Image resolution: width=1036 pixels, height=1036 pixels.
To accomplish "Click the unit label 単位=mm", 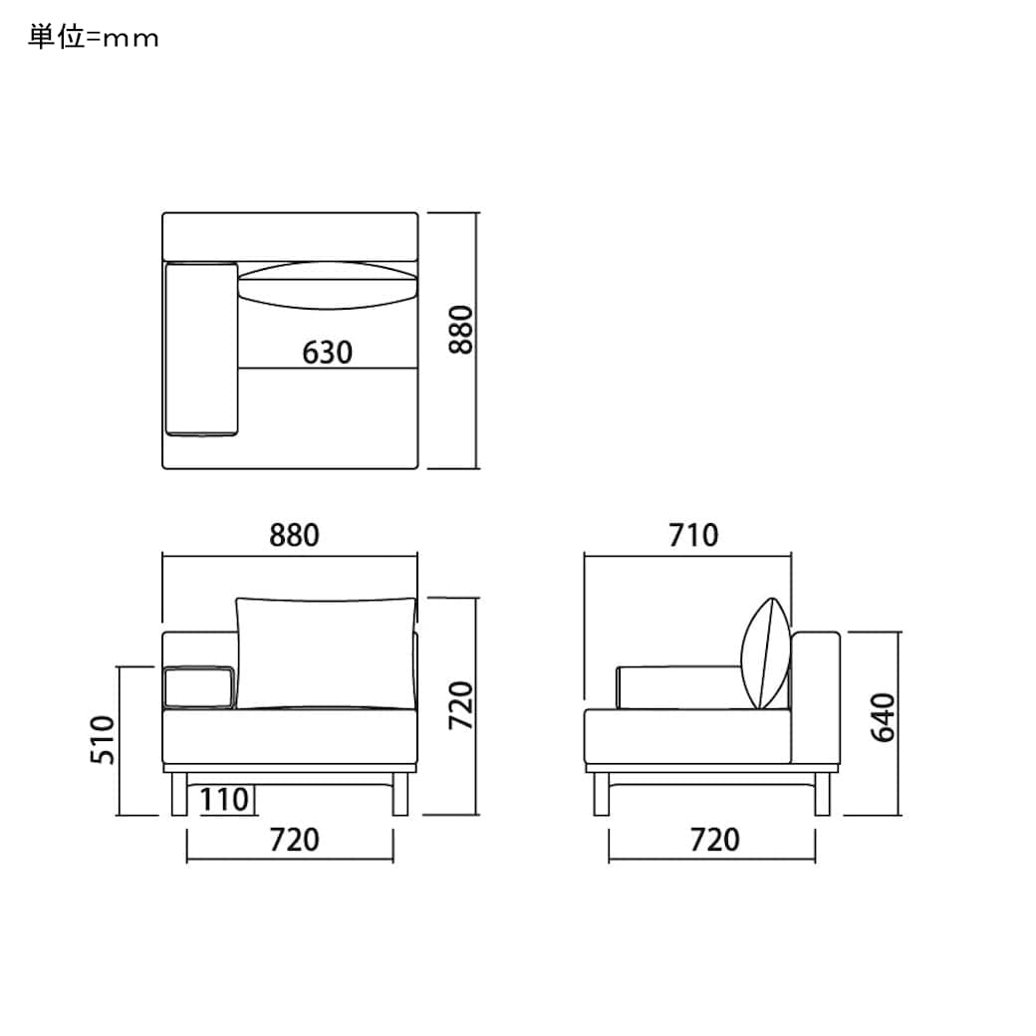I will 93,38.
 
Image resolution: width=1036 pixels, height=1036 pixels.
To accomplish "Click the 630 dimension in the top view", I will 328,352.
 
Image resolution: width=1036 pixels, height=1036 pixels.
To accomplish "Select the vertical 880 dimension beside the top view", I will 461,330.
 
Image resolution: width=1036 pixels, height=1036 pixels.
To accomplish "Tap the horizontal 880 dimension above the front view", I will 295,535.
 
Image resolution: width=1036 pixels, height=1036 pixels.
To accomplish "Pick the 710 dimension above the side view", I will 693,535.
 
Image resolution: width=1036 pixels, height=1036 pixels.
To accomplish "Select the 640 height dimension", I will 883,717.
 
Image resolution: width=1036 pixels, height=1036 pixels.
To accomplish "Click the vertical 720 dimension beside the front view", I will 461,705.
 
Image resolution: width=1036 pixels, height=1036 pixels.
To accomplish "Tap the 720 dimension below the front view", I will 295,840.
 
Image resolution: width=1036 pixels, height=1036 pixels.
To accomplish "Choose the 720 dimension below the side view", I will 715,840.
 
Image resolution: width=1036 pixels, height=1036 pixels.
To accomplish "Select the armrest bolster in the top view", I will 202,349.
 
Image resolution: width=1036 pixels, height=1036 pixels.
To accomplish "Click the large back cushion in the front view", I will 326,652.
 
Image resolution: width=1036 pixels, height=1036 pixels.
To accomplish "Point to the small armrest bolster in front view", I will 198,687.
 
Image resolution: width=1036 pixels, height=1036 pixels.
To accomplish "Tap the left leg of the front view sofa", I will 179,794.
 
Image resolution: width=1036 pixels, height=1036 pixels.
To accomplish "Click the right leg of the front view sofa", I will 401,794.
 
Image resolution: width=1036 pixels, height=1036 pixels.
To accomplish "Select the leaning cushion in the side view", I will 768,653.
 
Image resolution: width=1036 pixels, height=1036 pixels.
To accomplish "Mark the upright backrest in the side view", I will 816,697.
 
